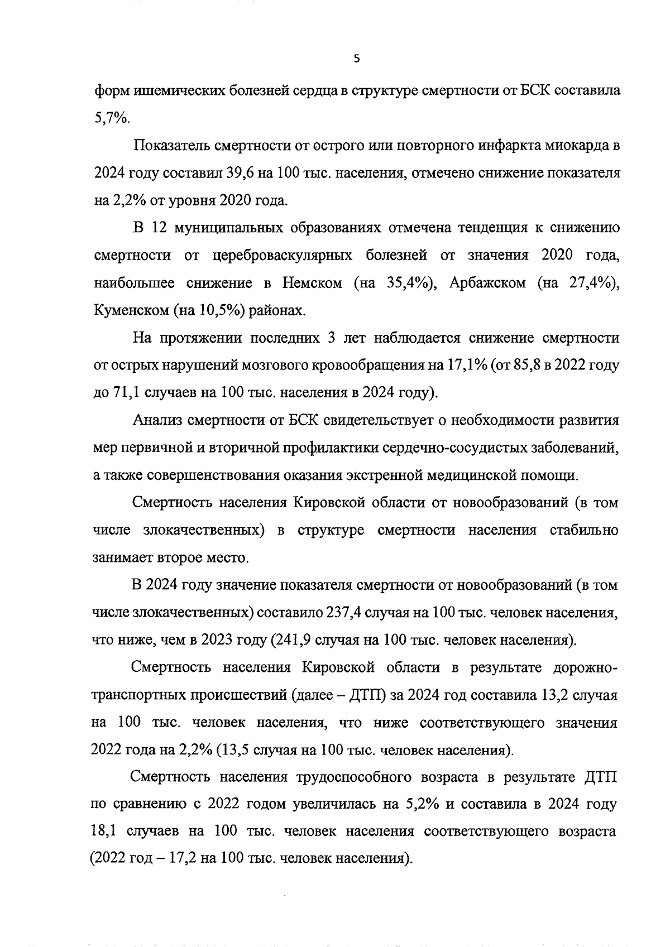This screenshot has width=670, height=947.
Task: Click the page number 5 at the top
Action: click(x=357, y=59)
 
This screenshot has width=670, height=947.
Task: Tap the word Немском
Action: click(x=312, y=283)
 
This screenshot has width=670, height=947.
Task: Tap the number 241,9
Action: click(x=293, y=640)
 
